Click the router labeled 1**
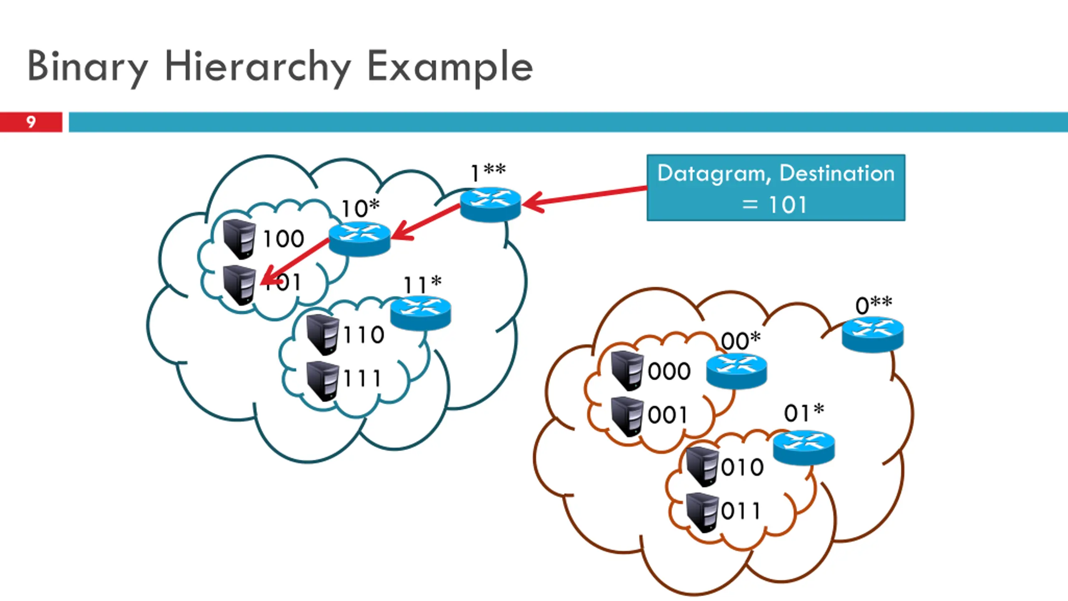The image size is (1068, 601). (490, 204)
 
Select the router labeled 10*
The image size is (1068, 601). (359, 239)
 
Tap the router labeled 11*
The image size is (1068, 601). (421, 313)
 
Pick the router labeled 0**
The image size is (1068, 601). (872, 334)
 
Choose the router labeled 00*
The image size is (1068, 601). (736, 371)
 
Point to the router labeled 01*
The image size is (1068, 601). (804, 447)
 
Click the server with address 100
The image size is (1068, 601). (239, 239)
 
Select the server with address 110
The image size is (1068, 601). (322, 335)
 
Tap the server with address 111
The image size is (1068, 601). (322, 381)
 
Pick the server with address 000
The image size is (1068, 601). (627, 370)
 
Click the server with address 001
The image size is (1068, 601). (627, 416)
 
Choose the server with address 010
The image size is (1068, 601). (702, 466)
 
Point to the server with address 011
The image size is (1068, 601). (702, 512)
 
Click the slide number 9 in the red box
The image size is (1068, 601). (31, 122)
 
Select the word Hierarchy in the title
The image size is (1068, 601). (257, 67)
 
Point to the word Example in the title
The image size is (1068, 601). (450, 67)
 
